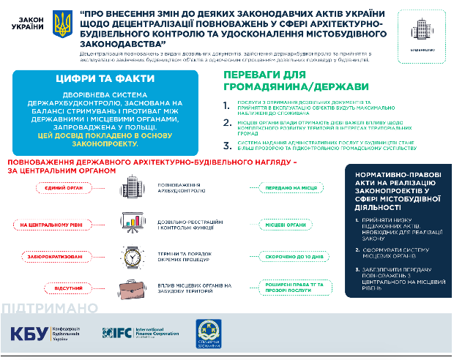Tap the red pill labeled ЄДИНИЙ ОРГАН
click(56, 188)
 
